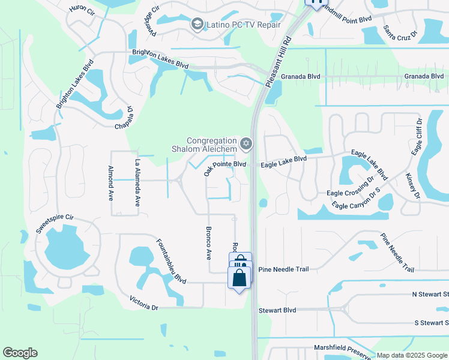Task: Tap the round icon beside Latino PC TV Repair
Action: [x=196, y=25]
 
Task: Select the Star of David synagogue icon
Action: [x=245, y=144]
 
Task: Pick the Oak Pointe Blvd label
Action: [x=224, y=165]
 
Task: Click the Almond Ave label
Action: [x=110, y=183]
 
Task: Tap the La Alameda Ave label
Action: [x=137, y=183]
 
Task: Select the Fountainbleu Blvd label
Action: [x=171, y=262]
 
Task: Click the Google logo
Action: [x=20, y=353]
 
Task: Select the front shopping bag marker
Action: [x=240, y=278]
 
